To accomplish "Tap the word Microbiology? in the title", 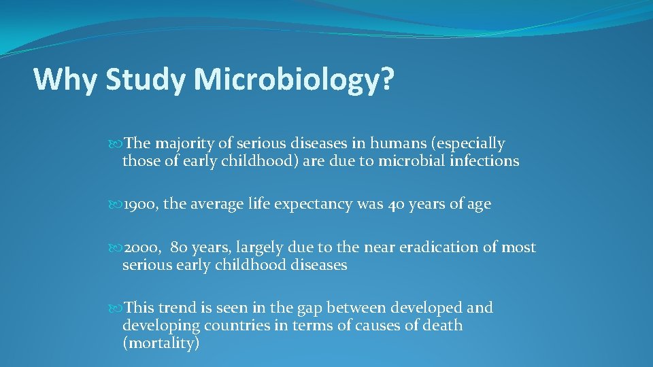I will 293,80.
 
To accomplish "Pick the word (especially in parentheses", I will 471,144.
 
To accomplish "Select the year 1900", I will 140,205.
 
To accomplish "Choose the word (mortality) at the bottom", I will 161,343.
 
